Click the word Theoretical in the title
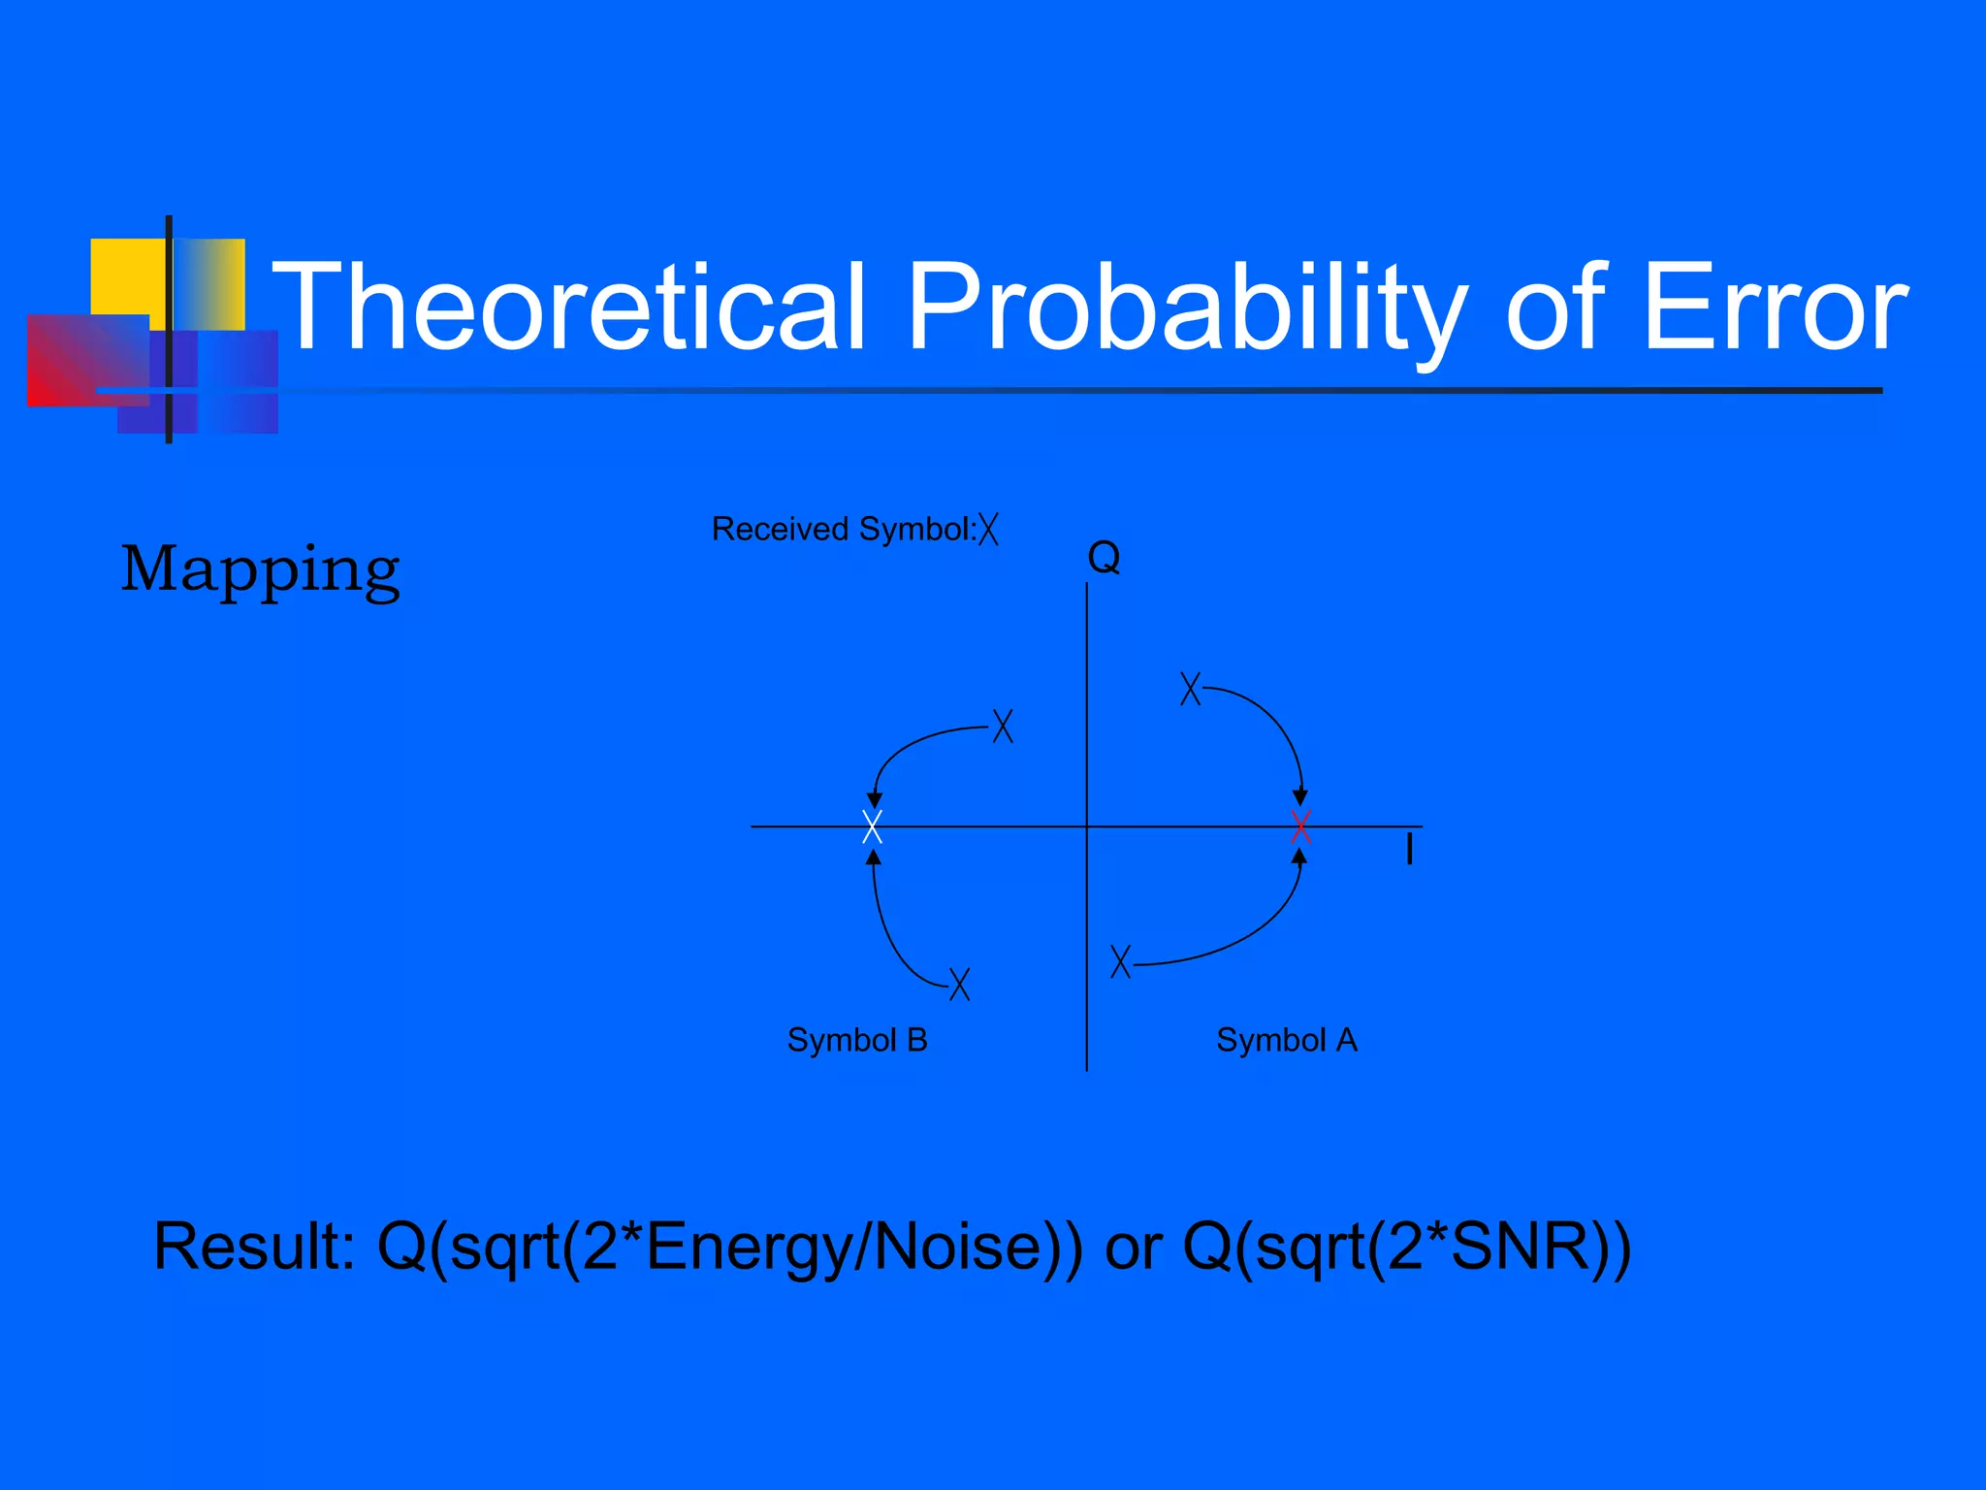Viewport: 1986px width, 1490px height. pos(567,308)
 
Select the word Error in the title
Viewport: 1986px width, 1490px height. pos(1775,308)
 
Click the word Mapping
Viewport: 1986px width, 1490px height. pos(260,569)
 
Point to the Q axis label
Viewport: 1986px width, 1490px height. pos(1104,558)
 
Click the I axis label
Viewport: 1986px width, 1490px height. pos(1409,851)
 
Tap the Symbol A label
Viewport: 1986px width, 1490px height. pos(1286,1040)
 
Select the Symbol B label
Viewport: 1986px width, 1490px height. pos(857,1040)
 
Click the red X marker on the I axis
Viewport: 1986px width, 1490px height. pos(1301,826)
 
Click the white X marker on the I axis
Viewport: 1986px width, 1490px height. pos(872,826)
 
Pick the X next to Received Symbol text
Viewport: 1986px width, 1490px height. pos(988,529)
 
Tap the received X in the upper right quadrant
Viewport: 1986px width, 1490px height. pos(1190,688)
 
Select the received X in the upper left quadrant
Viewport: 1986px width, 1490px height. pos(1003,726)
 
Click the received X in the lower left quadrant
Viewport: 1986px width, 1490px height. pos(959,984)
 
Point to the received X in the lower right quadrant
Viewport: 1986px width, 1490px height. pos(1120,961)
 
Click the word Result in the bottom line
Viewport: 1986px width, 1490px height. pos(254,1247)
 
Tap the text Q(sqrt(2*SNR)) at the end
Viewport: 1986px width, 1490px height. pos(1406,1247)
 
